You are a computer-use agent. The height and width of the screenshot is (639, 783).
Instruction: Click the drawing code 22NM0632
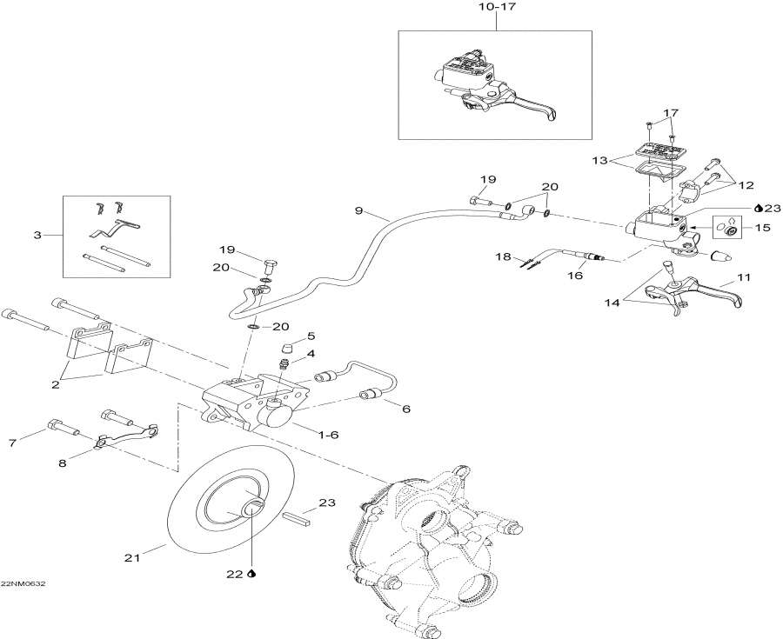pyautogui.click(x=23, y=583)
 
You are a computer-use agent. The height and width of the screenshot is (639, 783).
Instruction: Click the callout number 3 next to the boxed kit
pyautogui.click(x=37, y=235)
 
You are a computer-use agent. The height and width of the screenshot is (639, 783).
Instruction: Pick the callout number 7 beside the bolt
pyautogui.click(x=12, y=444)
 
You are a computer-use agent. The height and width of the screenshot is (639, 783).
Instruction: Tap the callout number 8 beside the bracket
pyautogui.click(x=62, y=463)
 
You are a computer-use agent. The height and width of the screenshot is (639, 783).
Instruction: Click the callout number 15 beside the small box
pyautogui.click(x=764, y=229)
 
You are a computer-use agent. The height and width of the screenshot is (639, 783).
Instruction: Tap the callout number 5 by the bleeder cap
pyautogui.click(x=310, y=336)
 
